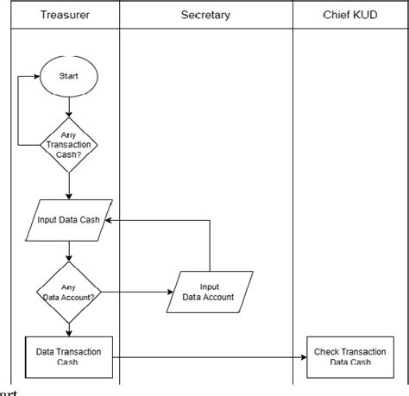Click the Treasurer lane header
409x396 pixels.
[x=68, y=16]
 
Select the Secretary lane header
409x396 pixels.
[x=205, y=16]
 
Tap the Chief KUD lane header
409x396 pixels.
[x=349, y=16]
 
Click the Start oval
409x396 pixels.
[x=68, y=77]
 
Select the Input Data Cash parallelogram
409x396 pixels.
[x=68, y=219]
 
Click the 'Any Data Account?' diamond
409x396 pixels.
[x=68, y=292]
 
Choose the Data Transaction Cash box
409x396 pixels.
[x=68, y=356]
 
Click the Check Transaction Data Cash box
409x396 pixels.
[x=349, y=356]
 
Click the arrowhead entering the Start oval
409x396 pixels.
[x=39, y=77]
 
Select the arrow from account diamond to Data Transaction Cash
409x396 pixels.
[x=68, y=328]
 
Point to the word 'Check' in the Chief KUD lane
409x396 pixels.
[x=329, y=351]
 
